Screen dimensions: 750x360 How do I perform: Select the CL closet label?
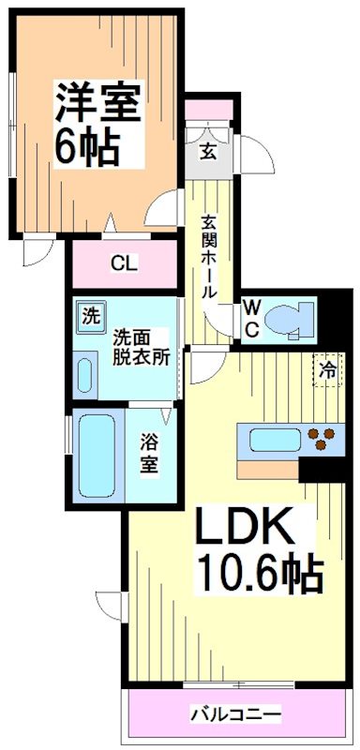coord(123,262)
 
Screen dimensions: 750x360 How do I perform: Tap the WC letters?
coord(251,319)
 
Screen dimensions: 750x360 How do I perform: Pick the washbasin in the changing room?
coord(85,375)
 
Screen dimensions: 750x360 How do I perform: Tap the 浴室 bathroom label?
coord(148,451)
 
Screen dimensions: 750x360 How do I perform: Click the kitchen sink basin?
coord(272,438)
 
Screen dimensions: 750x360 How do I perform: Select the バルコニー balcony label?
coord(236,715)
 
